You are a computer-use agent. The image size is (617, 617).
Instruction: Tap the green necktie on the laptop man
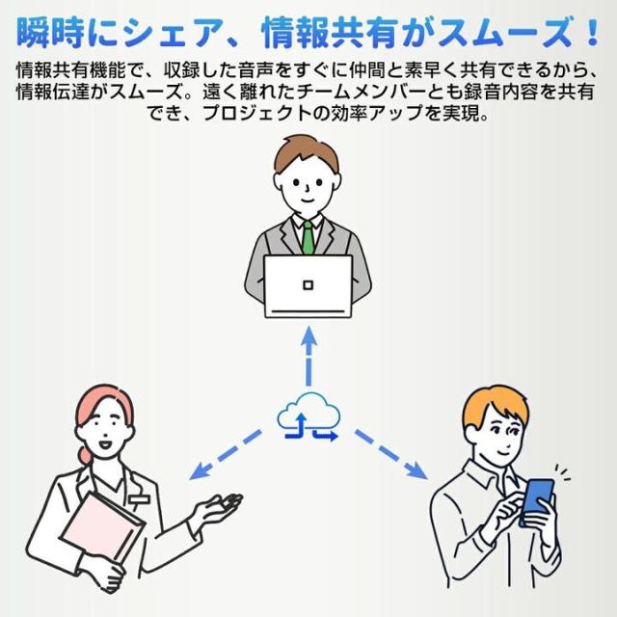(x=308, y=237)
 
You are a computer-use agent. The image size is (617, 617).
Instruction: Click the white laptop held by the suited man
(x=308, y=285)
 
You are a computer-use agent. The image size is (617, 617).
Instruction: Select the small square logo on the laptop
(x=308, y=284)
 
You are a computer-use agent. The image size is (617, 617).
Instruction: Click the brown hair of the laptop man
(x=308, y=149)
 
